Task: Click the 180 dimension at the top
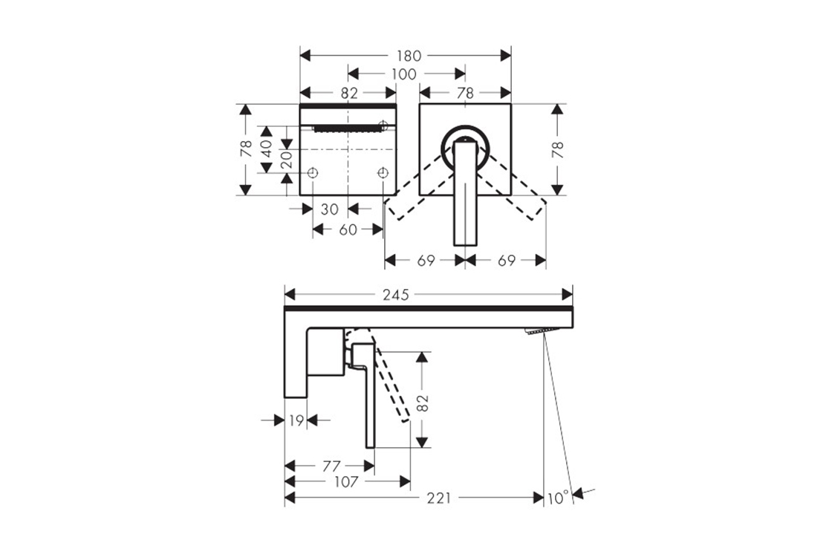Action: [409, 56]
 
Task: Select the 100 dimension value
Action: [404, 74]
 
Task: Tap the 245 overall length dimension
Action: [396, 294]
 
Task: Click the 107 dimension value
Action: [346, 482]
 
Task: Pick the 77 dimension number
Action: [331, 467]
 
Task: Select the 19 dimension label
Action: [296, 420]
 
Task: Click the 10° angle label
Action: [558, 498]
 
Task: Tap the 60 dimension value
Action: [348, 230]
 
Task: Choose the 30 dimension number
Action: [330, 209]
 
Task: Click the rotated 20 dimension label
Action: [287, 160]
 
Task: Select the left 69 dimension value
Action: [426, 261]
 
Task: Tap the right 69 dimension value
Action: [506, 261]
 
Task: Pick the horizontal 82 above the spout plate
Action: [348, 94]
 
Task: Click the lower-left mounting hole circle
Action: [313, 173]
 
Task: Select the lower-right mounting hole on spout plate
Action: [383, 173]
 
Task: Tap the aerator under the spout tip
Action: [539, 330]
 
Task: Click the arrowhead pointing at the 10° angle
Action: [579, 494]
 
